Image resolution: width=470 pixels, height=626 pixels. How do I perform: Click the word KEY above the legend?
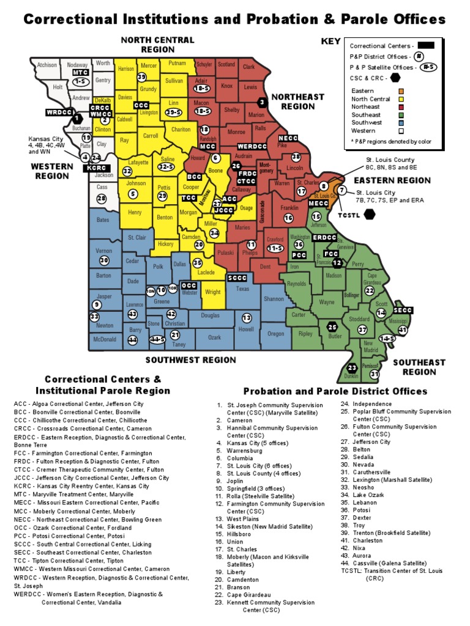click(x=330, y=42)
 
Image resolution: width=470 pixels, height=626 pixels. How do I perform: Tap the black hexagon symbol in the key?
click(x=395, y=77)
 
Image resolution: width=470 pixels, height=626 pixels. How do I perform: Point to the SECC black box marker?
click(x=404, y=311)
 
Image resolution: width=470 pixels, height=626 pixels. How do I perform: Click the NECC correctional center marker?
click(x=288, y=138)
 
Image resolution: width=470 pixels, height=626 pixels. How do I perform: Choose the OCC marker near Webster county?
click(x=189, y=285)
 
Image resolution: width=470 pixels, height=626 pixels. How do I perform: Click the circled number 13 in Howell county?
click(x=247, y=318)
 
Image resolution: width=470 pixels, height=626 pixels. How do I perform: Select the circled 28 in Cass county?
click(x=102, y=199)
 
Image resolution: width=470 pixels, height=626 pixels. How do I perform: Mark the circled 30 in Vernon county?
click(x=104, y=260)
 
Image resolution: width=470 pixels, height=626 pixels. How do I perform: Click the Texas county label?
click(x=243, y=289)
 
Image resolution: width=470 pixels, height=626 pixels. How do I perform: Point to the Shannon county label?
click(x=274, y=299)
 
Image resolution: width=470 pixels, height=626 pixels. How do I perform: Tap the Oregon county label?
click(x=276, y=334)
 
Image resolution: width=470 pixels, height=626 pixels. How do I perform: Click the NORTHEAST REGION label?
click(x=297, y=101)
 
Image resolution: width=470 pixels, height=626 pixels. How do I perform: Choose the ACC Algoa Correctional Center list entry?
click(x=79, y=404)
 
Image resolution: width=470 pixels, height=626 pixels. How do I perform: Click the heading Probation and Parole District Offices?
click(x=335, y=391)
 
